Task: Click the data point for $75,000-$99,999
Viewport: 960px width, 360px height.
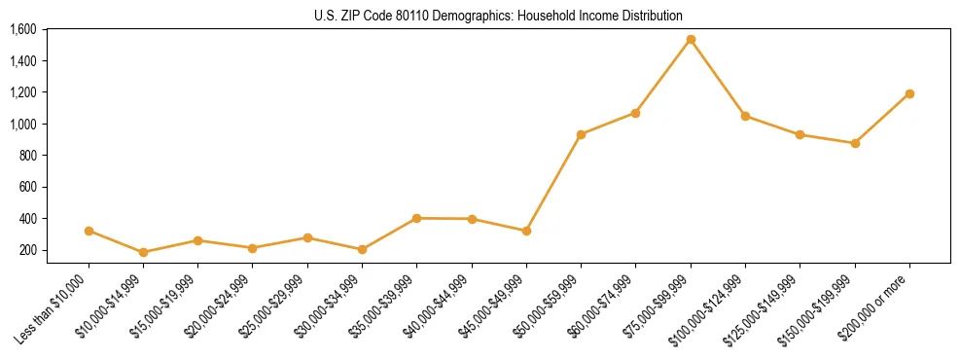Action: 691,40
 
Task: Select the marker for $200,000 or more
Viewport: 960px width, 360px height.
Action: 909,93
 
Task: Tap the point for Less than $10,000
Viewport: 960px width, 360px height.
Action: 89,231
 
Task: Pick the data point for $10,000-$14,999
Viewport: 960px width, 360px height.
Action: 144,252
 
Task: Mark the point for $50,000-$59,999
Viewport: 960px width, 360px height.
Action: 581,134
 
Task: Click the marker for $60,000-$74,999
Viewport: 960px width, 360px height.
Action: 635,113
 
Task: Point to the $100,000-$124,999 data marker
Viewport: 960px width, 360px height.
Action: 745,116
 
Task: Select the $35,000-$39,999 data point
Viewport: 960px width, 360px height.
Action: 417,218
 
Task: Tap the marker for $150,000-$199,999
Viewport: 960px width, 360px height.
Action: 855,143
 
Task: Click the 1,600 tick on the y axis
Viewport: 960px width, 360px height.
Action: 23,29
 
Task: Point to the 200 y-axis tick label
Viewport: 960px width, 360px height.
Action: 27,250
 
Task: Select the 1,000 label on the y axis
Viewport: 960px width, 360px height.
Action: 23,124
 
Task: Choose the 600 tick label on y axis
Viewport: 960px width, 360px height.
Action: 27,187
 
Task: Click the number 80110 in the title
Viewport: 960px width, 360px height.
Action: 423,16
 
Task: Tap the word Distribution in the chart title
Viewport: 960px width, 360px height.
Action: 653,16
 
